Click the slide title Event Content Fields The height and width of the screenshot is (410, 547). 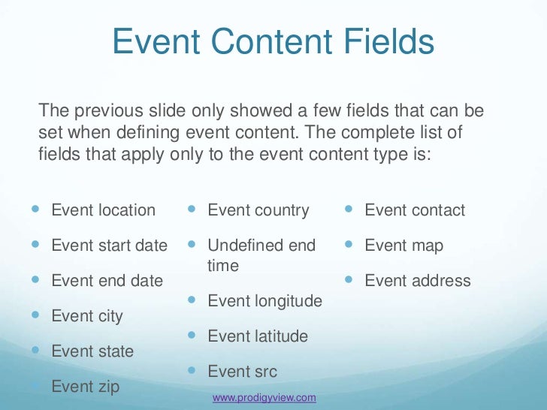(273, 42)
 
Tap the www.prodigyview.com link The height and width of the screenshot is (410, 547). (264, 397)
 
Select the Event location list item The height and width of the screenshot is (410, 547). (103, 210)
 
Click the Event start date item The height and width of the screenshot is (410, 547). (109, 246)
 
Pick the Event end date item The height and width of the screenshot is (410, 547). (107, 281)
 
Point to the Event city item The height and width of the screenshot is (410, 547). (86, 316)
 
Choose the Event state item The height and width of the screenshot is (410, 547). (92, 351)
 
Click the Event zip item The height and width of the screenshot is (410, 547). (85, 387)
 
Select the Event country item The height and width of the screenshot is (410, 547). (258, 210)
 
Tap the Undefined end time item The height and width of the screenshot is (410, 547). (261, 255)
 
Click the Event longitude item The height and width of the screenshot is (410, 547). (264, 301)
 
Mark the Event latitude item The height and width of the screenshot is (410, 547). (257, 336)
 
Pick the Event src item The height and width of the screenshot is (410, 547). (242, 372)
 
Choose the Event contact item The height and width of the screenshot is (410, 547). (415, 210)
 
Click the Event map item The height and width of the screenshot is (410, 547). (403, 246)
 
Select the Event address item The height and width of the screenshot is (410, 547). (417, 281)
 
